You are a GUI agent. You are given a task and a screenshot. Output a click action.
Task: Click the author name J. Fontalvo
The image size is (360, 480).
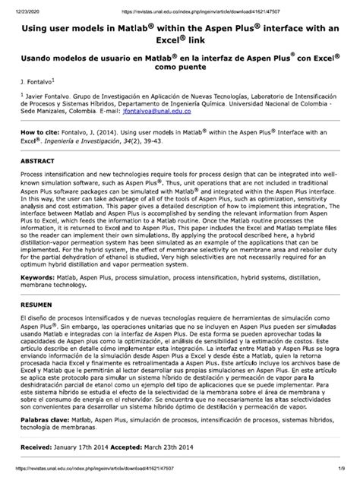[x=36, y=80]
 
